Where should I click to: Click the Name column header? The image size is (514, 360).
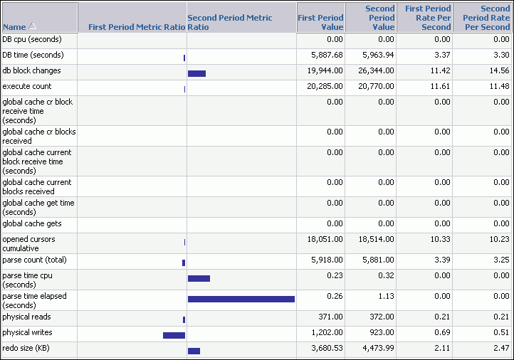click(14, 27)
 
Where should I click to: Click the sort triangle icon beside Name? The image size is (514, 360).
click(32, 26)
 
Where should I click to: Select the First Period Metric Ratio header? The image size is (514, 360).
click(136, 27)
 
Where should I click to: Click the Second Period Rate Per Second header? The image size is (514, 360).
click(482, 18)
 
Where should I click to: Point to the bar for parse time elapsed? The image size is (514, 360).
click(241, 300)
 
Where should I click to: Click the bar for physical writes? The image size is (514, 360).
click(174, 335)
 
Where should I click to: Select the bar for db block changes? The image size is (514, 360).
click(196, 73)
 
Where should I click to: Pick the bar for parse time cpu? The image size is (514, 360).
click(199, 278)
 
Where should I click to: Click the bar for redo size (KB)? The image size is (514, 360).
click(194, 351)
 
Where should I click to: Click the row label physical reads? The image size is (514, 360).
click(26, 317)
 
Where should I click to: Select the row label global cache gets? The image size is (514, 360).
click(31, 223)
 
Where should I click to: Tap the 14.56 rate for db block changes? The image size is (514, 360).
click(499, 70)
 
